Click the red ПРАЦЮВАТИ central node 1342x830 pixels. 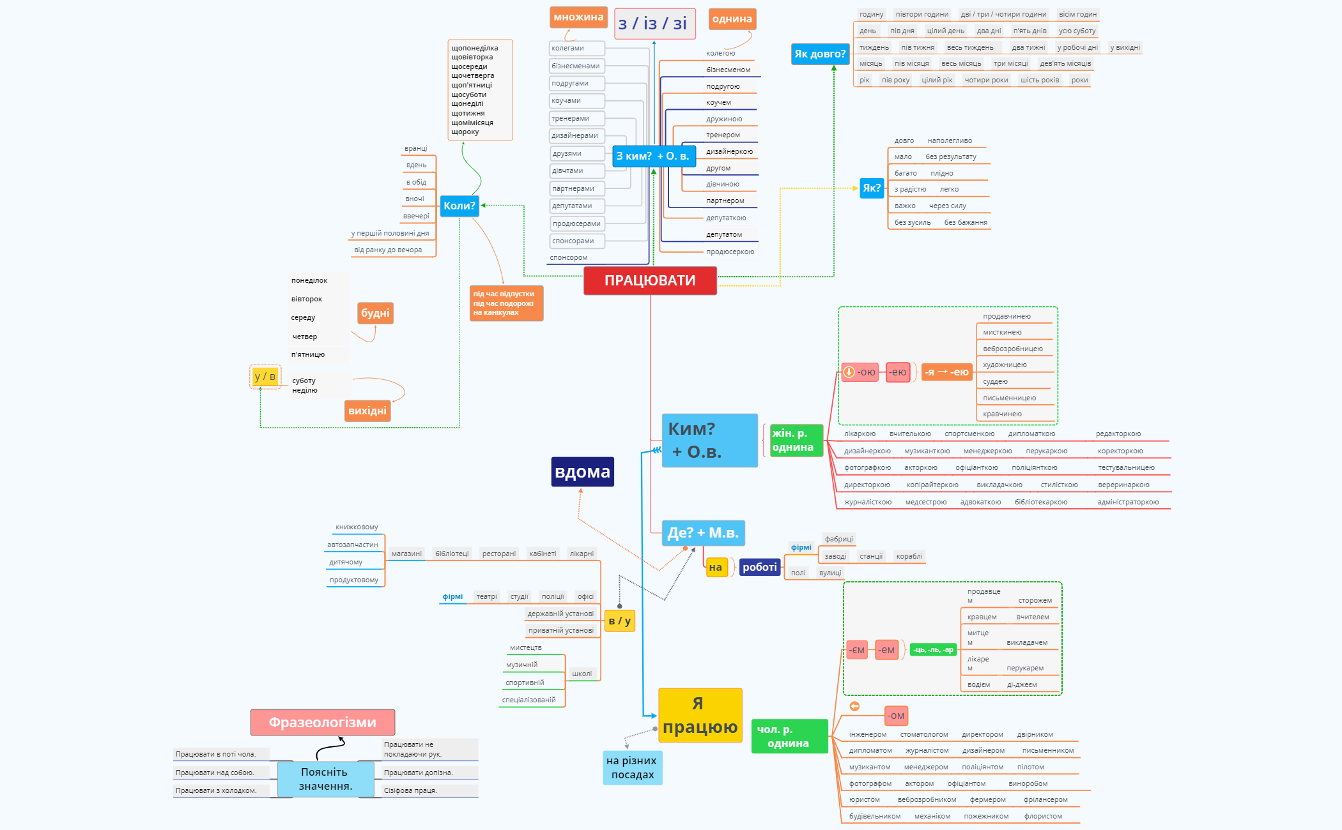click(x=650, y=281)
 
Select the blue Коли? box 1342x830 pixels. click(x=459, y=206)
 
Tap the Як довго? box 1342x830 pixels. click(x=820, y=54)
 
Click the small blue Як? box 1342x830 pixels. click(x=871, y=188)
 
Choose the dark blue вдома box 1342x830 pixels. click(x=582, y=472)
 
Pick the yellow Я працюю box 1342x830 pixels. click(x=700, y=715)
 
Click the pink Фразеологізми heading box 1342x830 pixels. click(x=322, y=722)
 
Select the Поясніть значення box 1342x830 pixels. click(x=325, y=779)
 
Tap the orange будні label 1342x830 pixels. click(x=375, y=313)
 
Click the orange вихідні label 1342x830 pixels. click(x=367, y=411)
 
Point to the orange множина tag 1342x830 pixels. click(x=578, y=17)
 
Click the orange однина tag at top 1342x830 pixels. click(x=732, y=19)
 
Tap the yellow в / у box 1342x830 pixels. click(x=619, y=621)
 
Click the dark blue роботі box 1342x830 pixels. click(x=759, y=567)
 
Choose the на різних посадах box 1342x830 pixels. click(x=632, y=767)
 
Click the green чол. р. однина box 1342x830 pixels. click(x=789, y=736)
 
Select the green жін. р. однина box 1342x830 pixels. click(x=795, y=441)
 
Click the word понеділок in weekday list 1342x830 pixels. click(x=309, y=281)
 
